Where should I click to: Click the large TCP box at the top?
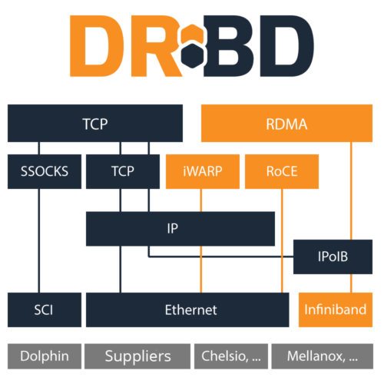point(95,123)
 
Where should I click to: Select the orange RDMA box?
point(286,124)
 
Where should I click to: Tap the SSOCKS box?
point(44,171)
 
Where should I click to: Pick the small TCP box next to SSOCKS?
point(123,171)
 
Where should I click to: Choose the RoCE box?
point(281,171)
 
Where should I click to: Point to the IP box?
point(180,229)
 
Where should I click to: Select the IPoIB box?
point(333,257)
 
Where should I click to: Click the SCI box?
point(44,310)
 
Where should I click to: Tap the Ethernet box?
point(190,310)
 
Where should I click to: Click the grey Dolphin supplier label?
point(44,356)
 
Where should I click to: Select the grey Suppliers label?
point(137,356)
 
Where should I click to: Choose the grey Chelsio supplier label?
point(230,356)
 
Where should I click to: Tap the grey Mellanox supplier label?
point(322,356)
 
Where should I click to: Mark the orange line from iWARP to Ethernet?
point(201,242)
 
